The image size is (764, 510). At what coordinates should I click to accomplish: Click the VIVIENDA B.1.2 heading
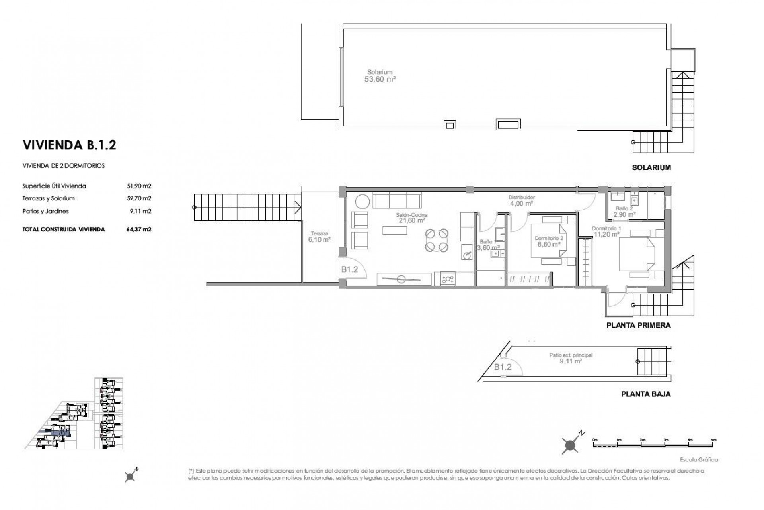click(x=70, y=145)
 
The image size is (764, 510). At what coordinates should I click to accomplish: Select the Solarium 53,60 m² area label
click(x=380, y=76)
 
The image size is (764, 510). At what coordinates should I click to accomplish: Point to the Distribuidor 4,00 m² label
click(x=521, y=200)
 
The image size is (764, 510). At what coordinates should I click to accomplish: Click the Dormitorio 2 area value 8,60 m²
click(x=549, y=245)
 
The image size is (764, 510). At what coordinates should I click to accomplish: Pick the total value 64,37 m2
click(x=138, y=229)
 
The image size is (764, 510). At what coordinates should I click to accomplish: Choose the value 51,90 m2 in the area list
click(x=138, y=186)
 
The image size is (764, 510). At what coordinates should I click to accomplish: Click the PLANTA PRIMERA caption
click(x=638, y=325)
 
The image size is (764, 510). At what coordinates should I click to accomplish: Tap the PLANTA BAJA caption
click(x=645, y=394)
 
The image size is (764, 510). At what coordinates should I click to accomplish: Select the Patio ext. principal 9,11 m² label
click(x=571, y=358)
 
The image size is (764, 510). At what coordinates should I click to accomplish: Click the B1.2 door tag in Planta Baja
click(x=503, y=367)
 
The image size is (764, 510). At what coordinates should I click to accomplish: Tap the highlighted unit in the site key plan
click(x=60, y=433)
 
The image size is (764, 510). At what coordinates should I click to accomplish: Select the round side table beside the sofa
click(x=363, y=201)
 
